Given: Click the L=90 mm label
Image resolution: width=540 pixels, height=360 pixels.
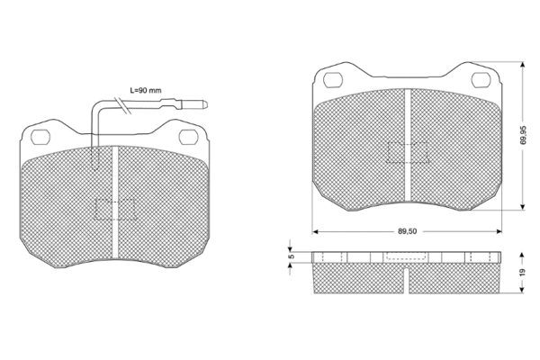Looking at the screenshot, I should [145, 91].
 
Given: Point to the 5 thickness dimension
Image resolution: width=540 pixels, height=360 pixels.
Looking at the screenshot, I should [291, 256].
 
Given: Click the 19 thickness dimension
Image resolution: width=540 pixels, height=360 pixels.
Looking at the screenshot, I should [522, 272].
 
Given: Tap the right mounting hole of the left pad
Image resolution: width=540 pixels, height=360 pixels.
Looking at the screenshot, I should [189, 136].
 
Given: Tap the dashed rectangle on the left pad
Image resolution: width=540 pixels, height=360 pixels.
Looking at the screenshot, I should [115, 209].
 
